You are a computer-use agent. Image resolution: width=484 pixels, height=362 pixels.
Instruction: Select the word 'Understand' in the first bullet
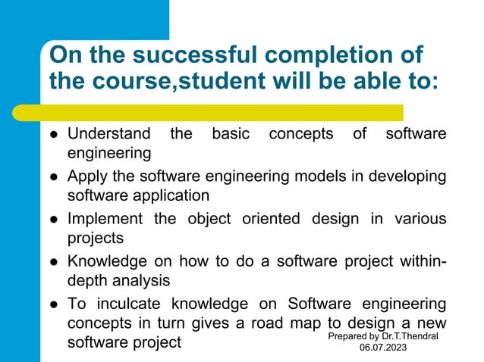pos(109,134)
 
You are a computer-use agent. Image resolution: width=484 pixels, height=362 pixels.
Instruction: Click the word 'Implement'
pos(105,219)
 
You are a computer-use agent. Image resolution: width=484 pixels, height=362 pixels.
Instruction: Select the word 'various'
pos(420,219)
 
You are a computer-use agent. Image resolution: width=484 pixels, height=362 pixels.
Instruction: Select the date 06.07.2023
pos(384,348)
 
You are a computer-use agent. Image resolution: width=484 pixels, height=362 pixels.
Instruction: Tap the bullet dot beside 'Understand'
pos(55,136)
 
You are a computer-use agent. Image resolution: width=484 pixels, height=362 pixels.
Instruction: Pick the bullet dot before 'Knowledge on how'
pos(55,263)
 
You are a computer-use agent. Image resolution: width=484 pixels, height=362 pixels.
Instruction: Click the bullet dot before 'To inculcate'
pos(55,305)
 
